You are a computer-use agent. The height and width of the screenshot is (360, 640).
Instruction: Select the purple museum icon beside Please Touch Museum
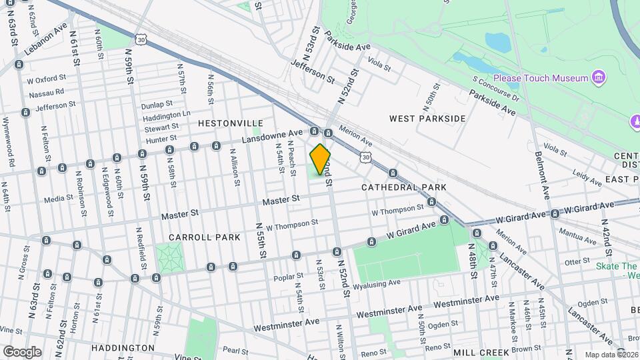600,78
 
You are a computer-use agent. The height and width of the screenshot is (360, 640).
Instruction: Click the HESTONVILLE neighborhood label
231,124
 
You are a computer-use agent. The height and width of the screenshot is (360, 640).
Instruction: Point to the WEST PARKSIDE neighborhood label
427,119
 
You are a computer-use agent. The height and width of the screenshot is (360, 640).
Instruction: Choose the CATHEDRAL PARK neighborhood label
404,187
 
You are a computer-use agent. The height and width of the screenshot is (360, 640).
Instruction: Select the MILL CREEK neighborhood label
481,351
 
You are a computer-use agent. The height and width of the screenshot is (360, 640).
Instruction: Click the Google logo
22,351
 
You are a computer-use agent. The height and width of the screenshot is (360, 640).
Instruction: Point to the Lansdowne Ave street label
272,136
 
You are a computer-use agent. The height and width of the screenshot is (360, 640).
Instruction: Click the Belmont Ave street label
542,167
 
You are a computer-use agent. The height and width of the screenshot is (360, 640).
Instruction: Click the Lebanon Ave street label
47,40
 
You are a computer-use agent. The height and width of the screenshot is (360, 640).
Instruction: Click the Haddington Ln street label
167,115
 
